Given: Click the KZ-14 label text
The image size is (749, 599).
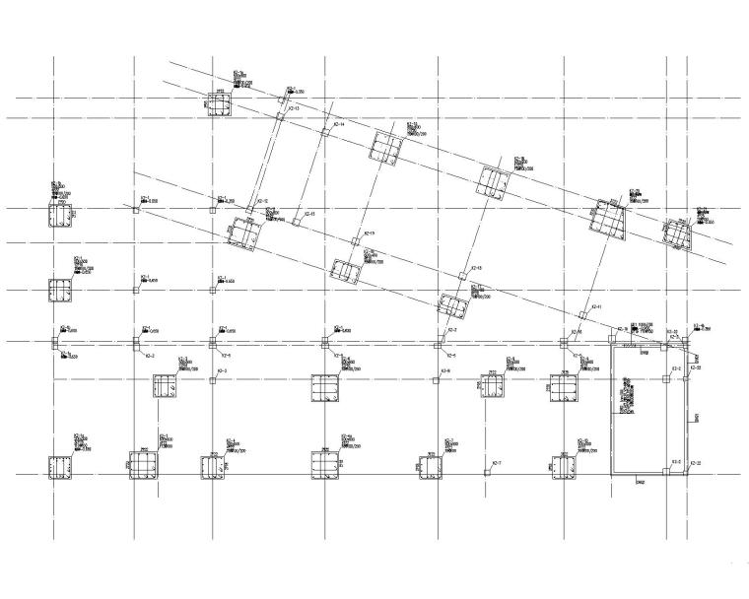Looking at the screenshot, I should (x=339, y=125).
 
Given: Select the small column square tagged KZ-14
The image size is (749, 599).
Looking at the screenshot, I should (x=323, y=131).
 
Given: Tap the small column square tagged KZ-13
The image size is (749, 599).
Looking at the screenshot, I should (x=280, y=115).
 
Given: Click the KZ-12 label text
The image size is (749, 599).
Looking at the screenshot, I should (x=263, y=201).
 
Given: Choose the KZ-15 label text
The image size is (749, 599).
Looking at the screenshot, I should (x=308, y=214).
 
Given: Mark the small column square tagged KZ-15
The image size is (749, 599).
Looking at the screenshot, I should (x=296, y=222).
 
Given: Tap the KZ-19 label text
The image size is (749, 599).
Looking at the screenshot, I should (x=371, y=233).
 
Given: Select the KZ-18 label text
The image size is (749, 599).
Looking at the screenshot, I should (x=476, y=268).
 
